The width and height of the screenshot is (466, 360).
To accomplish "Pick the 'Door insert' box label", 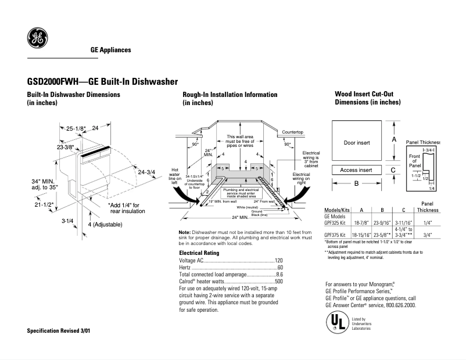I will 357,142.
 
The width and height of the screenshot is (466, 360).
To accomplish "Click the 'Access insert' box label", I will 356,170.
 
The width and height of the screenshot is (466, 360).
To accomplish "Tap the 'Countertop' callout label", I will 293,132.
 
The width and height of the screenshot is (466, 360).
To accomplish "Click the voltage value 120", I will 278,260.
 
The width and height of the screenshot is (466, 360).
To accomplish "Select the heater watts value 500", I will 278,281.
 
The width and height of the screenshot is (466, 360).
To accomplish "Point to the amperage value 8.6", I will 279,274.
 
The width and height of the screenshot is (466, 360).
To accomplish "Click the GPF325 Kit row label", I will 336,222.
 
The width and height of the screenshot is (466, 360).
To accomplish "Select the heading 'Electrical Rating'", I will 199,253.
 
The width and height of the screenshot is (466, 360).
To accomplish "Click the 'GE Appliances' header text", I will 110,50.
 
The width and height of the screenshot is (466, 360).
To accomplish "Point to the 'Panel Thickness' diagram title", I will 422,142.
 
